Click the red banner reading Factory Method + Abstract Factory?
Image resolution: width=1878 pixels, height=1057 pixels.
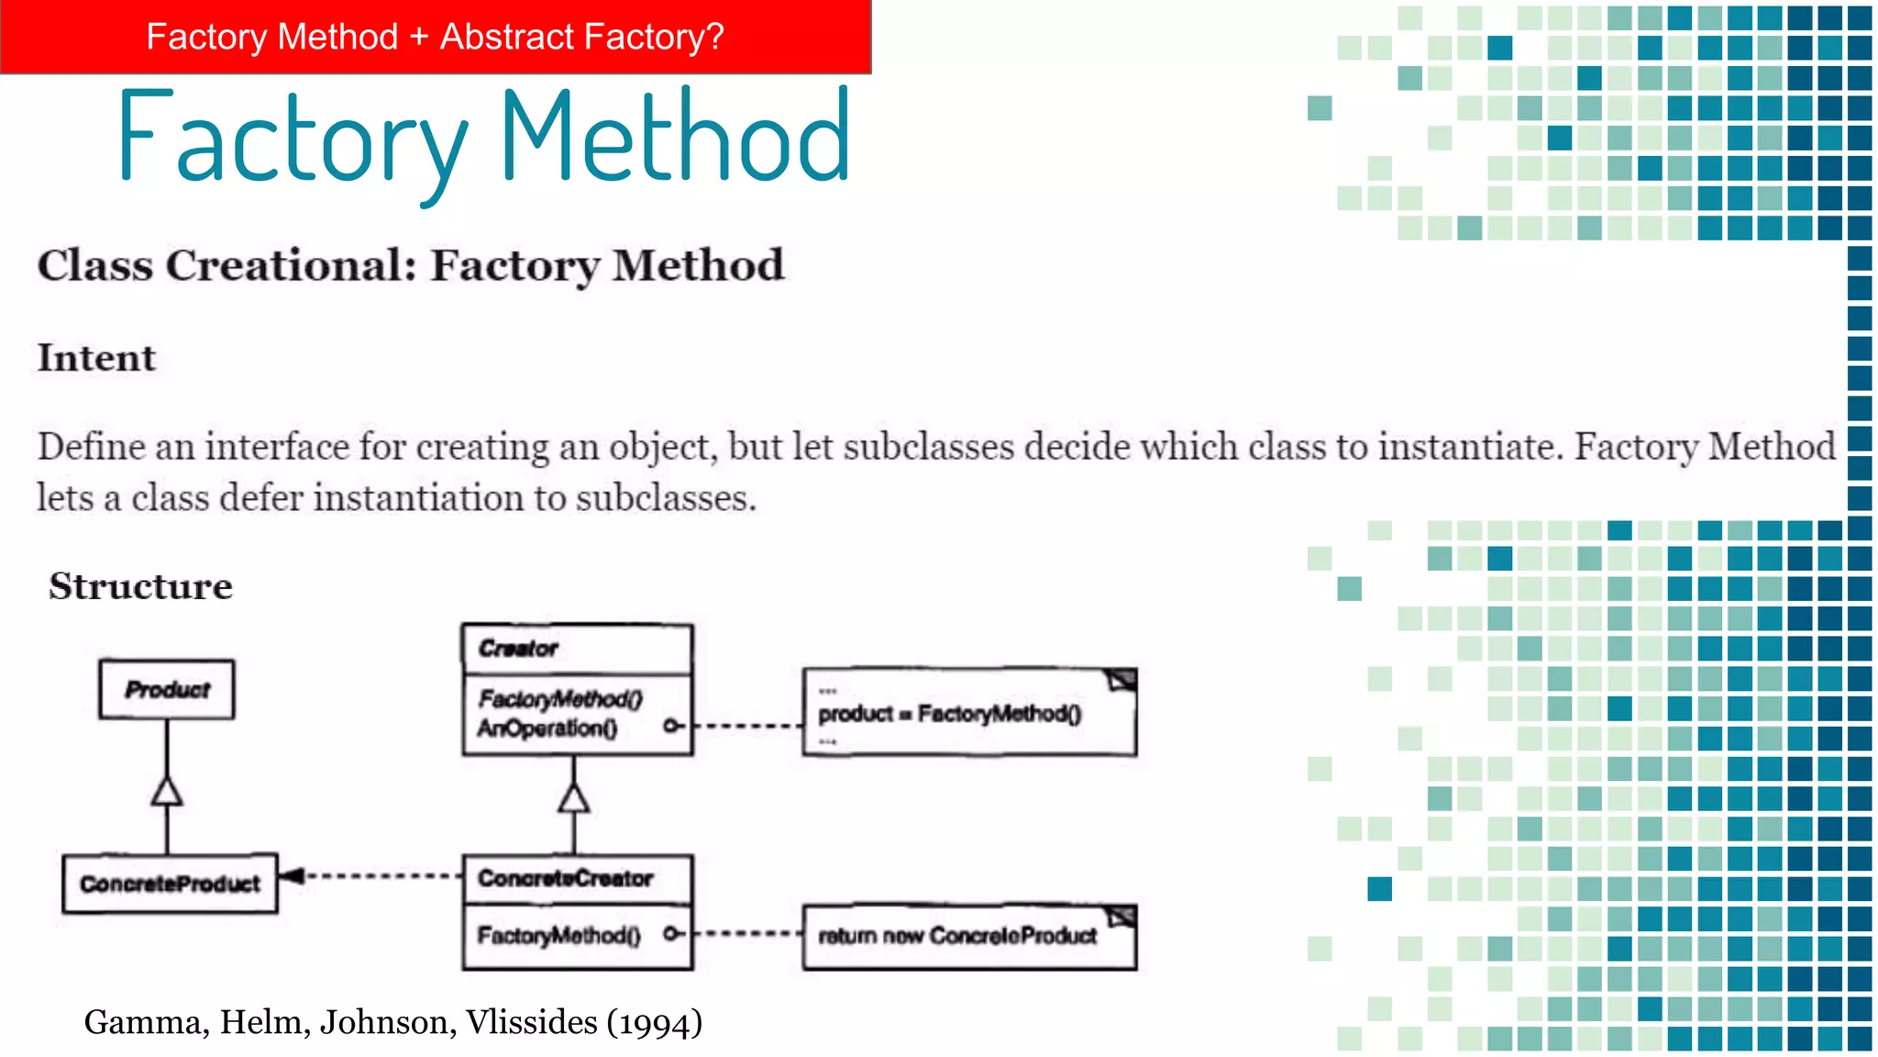[435, 37]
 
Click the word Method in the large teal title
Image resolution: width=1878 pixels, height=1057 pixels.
[676, 138]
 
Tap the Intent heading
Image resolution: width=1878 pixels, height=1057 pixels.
[96, 358]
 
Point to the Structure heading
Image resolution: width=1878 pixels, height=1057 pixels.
[140, 586]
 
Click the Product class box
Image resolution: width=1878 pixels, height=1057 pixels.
[167, 689]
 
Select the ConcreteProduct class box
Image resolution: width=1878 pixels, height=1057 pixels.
[170, 884]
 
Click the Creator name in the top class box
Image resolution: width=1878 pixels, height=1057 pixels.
[518, 649]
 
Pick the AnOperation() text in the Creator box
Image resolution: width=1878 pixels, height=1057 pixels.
[547, 729]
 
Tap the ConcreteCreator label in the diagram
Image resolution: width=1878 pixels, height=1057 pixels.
[565, 878]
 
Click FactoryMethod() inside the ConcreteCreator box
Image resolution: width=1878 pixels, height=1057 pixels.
[558, 935]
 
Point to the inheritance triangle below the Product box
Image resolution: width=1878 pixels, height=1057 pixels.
[167, 791]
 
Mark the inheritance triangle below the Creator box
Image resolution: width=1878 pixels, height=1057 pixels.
[574, 798]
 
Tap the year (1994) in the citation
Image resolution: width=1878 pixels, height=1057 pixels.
[655, 1022]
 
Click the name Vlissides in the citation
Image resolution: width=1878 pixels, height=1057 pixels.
[531, 1022]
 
